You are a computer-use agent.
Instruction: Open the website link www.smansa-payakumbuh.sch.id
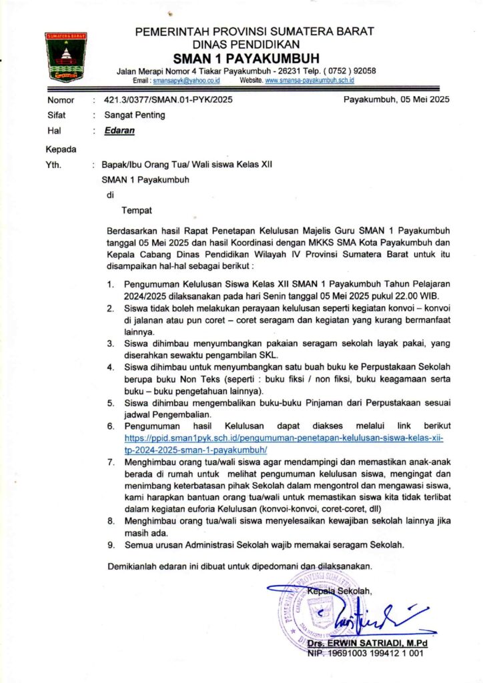coord(310,80)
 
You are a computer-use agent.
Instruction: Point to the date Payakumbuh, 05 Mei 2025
coord(396,100)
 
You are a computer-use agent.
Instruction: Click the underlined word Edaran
coord(119,131)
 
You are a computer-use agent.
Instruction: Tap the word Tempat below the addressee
coord(136,211)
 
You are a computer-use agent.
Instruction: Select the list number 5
coord(111,403)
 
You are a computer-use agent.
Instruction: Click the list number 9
coord(111,544)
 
